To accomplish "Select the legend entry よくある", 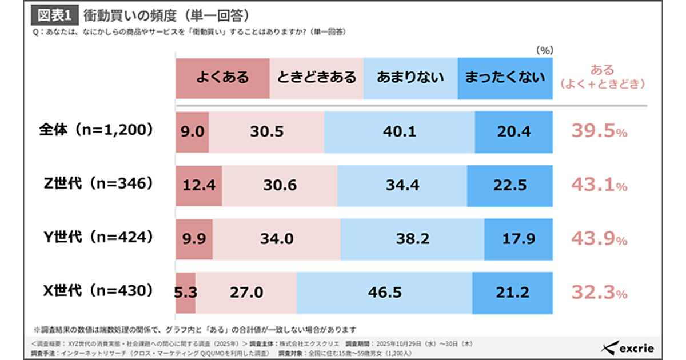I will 222,78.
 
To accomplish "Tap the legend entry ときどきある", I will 316,78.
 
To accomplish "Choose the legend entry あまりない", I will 410,78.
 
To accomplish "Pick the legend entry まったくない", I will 505,78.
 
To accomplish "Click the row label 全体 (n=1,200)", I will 96,131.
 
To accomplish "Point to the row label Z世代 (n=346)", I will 96,184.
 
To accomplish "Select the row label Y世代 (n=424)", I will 96,238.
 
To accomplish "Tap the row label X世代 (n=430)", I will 96,291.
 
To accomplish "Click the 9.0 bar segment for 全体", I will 192,132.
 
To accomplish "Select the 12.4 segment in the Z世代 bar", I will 199,185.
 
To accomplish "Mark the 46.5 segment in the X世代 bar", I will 384,293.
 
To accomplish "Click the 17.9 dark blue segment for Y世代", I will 518,239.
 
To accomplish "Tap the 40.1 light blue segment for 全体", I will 399,132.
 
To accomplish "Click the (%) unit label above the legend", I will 544,50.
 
